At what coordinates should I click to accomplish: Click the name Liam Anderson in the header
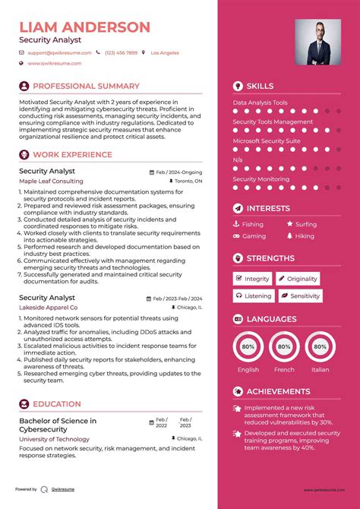84,27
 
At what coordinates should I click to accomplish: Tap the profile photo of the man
317,42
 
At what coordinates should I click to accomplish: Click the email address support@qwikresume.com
59,53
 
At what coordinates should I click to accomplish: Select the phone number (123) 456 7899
121,53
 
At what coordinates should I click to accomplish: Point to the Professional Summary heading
86,87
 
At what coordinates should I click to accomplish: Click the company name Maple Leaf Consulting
52,182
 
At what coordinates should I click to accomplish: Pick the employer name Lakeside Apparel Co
49,308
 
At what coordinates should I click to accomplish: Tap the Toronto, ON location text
188,182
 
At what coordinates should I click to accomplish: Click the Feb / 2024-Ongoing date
180,172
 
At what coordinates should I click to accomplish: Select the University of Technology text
54,439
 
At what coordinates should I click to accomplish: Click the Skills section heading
260,87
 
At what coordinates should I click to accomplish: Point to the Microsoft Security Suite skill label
267,141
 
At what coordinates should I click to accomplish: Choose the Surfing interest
306,224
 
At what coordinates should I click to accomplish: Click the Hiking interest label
305,236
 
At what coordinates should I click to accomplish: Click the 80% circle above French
284,346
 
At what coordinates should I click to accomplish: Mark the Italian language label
321,369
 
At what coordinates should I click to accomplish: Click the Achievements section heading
278,391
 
